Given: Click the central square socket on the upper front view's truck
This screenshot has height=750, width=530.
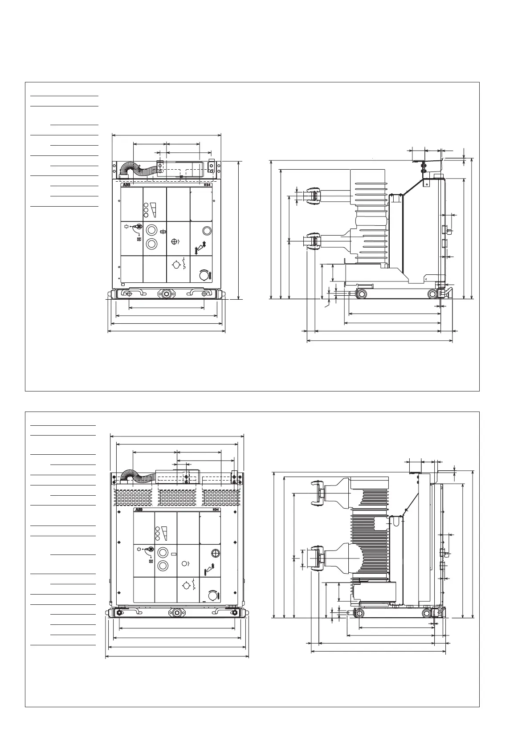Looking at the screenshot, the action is (x=167, y=293).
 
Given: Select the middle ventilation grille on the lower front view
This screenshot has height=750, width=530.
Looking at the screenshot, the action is (x=177, y=497).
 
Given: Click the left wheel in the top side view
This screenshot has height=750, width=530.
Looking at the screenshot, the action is (x=361, y=294).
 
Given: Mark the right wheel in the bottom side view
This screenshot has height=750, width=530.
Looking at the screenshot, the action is (x=427, y=613).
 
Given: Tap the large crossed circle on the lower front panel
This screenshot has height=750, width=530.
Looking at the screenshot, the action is (x=216, y=554).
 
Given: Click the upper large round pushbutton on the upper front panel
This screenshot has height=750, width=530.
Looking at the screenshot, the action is (x=152, y=230).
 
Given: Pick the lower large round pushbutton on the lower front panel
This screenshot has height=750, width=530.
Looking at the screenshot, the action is (x=163, y=566).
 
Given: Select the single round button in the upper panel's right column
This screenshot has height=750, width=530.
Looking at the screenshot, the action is (x=207, y=230).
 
